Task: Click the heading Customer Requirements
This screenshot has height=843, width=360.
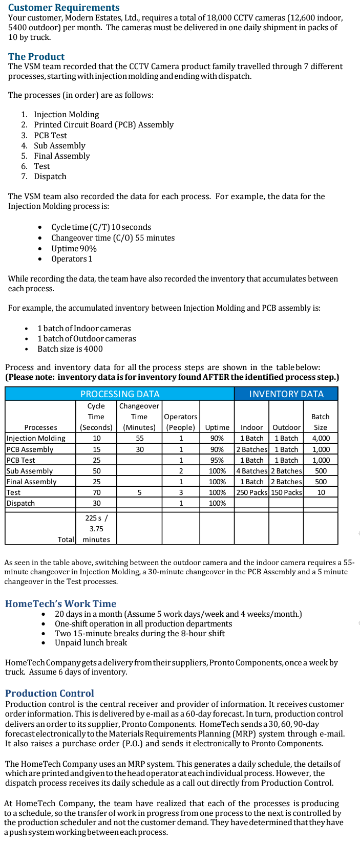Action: click(x=64, y=8)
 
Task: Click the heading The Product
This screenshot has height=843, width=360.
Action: click(x=36, y=57)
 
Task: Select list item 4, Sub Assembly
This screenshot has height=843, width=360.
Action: click(x=59, y=146)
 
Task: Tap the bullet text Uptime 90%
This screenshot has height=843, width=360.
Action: click(x=74, y=249)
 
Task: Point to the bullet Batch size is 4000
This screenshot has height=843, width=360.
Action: click(x=70, y=349)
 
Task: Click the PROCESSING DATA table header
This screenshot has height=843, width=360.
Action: click(x=120, y=394)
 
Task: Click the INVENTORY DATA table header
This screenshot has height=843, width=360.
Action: click(x=286, y=394)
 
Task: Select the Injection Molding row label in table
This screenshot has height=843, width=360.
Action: click(x=36, y=438)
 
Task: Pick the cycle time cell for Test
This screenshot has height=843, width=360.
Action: click(x=96, y=492)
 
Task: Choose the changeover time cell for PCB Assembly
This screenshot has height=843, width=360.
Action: click(x=140, y=449)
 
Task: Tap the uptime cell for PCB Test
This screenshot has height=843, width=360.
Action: click(x=217, y=460)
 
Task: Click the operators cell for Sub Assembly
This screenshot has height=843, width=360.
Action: click(x=181, y=471)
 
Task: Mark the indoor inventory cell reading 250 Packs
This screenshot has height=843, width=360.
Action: click(x=251, y=492)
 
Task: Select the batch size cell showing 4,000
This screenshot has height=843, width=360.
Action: click(x=321, y=438)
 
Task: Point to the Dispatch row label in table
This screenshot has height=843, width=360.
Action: click(x=21, y=503)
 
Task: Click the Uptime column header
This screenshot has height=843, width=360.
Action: click(x=217, y=427)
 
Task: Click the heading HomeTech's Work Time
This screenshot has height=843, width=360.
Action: click(x=60, y=604)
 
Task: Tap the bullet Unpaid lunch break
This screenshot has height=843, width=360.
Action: click(x=91, y=643)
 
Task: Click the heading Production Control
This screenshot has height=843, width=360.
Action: click(x=50, y=694)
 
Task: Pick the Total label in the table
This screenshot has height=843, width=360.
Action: click(x=66, y=539)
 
